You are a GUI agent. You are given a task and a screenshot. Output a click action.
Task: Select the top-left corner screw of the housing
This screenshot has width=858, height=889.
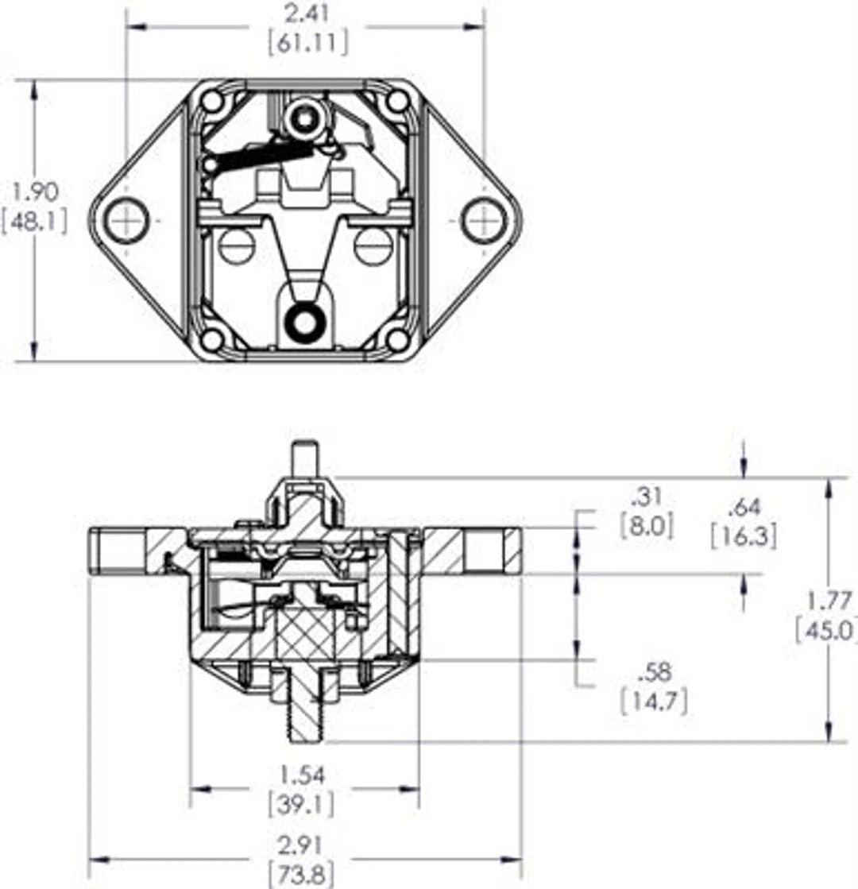click(212, 102)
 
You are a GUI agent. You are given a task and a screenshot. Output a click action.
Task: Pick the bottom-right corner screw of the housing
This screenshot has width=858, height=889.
click(397, 339)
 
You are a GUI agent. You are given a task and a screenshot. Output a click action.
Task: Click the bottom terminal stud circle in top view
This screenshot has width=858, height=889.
click(303, 321)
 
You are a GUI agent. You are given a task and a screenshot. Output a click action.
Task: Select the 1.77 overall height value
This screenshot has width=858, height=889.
click(829, 600)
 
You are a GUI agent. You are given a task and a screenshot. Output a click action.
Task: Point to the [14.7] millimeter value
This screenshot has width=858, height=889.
click(654, 701)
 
